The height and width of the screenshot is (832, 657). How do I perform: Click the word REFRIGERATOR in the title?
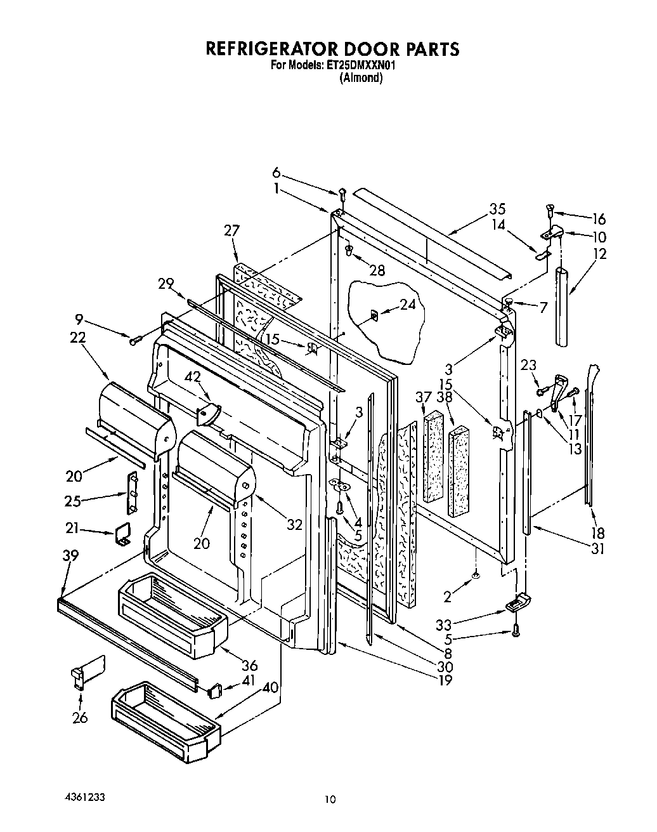click(266, 49)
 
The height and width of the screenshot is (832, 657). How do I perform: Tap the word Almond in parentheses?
click(361, 78)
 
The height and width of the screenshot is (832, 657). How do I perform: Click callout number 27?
click(232, 230)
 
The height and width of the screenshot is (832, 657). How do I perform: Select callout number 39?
click(70, 555)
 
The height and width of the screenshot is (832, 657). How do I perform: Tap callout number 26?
click(80, 718)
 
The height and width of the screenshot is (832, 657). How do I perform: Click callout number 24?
click(408, 304)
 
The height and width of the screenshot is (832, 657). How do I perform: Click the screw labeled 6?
click(342, 193)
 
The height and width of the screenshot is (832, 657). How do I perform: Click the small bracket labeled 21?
click(122, 534)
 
